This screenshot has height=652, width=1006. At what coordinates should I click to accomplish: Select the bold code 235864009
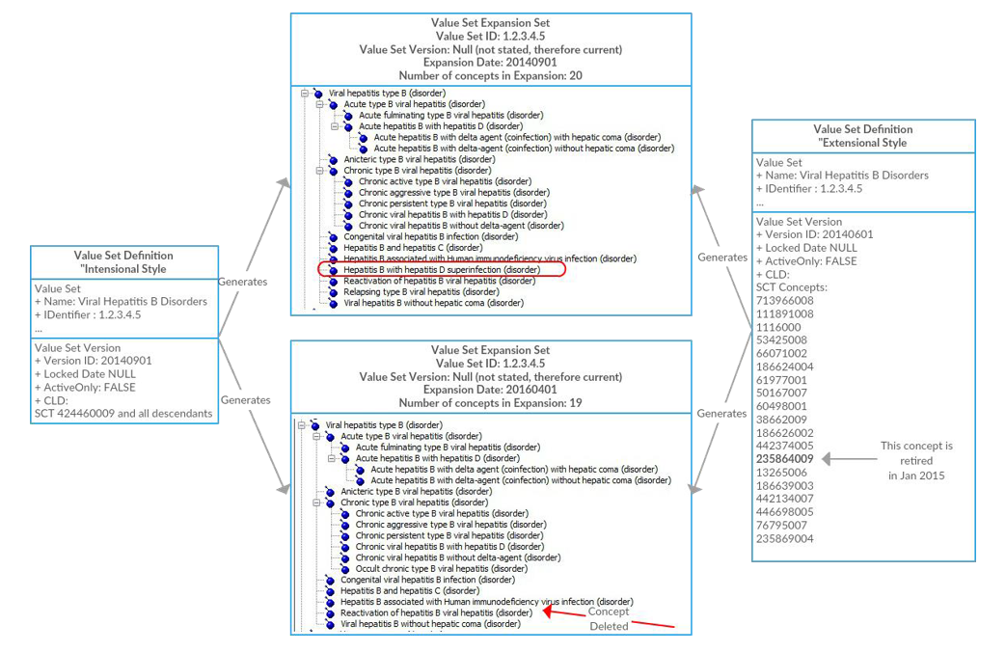click(x=784, y=459)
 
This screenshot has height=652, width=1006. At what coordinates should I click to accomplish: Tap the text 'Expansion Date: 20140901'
click(x=491, y=62)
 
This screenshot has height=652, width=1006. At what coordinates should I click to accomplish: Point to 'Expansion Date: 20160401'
click(x=490, y=390)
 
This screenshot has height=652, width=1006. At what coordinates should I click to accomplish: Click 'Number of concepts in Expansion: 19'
click(x=490, y=403)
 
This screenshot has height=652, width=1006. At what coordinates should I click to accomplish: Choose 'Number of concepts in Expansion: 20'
click(x=491, y=75)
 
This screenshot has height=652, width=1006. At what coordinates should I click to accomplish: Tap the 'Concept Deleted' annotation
click(x=610, y=618)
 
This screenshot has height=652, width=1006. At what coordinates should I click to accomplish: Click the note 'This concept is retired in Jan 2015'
click(x=916, y=460)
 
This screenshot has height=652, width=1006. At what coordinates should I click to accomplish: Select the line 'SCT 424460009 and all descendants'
click(x=123, y=414)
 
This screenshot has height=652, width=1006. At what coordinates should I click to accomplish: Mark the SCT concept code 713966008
click(x=784, y=300)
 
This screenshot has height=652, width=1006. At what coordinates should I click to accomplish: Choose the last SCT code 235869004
click(x=784, y=538)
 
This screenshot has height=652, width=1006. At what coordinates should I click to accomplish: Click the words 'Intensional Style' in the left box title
click(x=124, y=269)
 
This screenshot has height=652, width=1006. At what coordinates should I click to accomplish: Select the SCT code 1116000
click(x=778, y=327)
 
